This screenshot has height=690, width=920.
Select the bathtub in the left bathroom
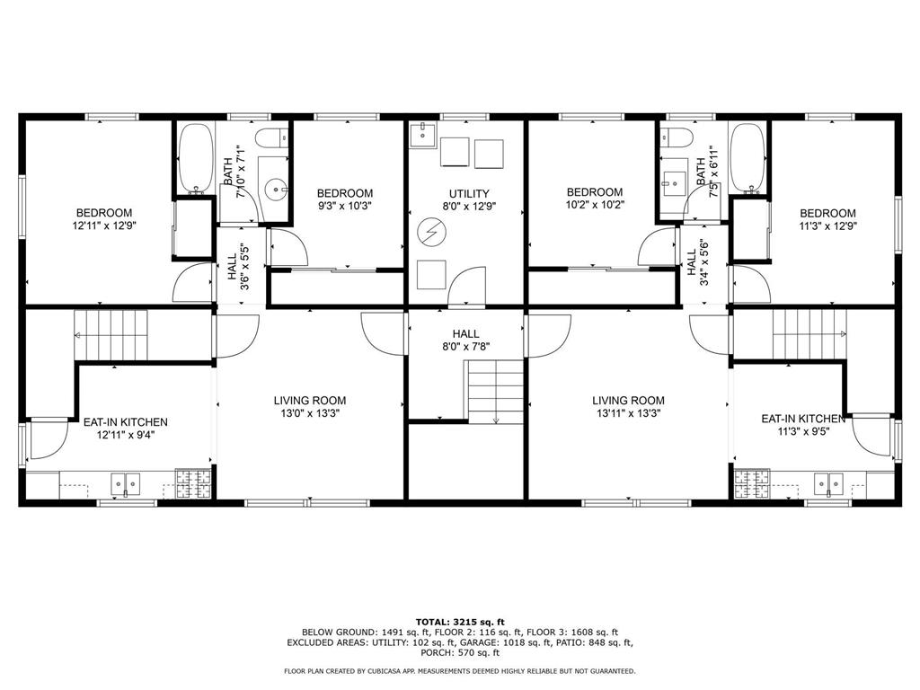194,158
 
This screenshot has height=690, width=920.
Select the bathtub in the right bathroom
747,158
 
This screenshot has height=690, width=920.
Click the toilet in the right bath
674,137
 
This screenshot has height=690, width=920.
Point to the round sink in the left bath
279,189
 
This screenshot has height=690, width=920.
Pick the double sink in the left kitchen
125,483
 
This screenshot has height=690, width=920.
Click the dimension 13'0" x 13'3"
310,414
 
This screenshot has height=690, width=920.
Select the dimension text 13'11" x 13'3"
628,414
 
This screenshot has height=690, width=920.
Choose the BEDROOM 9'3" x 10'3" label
345,199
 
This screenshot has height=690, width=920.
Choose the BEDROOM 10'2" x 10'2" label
595,199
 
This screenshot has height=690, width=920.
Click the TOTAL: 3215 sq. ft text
460,622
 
